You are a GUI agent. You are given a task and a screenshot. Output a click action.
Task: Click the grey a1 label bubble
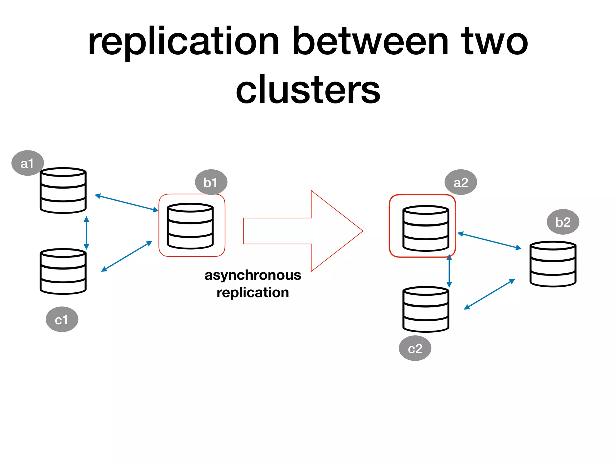pyautogui.click(x=27, y=163)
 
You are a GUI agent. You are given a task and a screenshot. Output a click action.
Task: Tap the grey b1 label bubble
pyautogui.click(x=211, y=182)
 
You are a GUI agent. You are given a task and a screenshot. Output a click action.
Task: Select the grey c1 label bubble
pyautogui.click(x=62, y=319)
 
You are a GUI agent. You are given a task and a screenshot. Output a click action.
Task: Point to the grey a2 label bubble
pyautogui.click(x=460, y=182)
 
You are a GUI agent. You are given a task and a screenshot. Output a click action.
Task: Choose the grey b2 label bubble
pyautogui.click(x=563, y=222)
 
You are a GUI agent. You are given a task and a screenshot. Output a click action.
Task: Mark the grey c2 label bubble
pyautogui.click(x=415, y=348)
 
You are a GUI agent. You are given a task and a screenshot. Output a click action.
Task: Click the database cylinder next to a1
pyautogui.click(x=63, y=191)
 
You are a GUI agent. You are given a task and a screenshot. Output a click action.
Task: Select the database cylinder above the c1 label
pyautogui.click(x=63, y=271)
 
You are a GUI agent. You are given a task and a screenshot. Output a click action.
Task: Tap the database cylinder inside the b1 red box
pyautogui.click(x=190, y=226)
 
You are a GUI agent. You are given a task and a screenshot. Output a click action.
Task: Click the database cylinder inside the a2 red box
pyautogui.click(x=426, y=228)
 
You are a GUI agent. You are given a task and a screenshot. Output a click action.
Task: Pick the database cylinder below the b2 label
pyautogui.click(x=553, y=264)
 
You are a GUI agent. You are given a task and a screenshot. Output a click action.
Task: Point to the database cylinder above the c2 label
pyautogui.click(x=426, y=309)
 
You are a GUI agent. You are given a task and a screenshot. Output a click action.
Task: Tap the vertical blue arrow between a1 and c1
pyautogui.click(x=86, y=233)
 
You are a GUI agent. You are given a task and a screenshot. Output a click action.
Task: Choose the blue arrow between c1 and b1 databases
pyautogui.click(x=127, y=256)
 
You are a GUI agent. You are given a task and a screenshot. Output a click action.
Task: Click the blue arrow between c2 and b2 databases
pyautogui.click(x=489, y=294)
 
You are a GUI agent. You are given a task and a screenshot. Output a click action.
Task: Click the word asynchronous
pyautogui.click(x=253, y=275)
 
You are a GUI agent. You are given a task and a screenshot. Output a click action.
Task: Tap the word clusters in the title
pyautogui.click(x=308, y=90)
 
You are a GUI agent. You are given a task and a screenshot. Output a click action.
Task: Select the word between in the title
pyautogui.click(x=371, y=41)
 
